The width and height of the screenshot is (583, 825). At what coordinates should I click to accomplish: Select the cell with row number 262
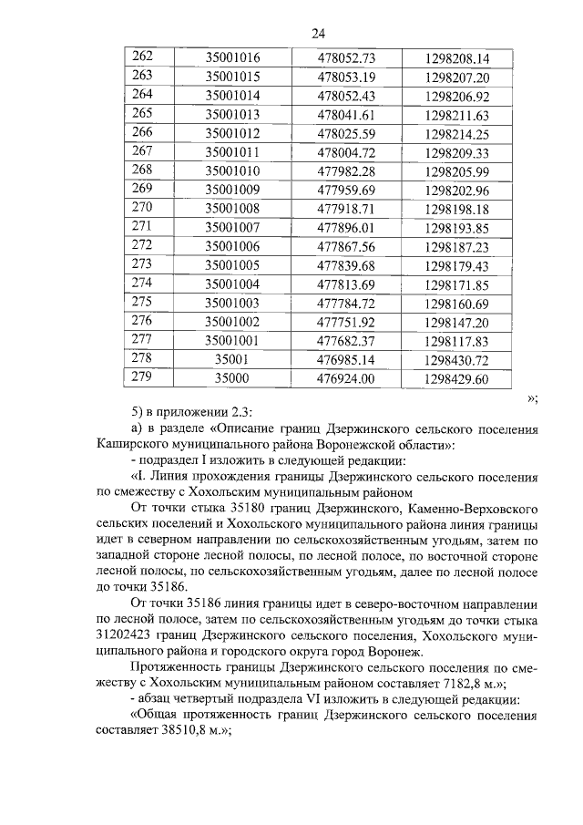(x=143, y=57)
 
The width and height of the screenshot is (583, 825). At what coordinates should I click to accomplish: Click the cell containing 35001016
(x=232, y=57)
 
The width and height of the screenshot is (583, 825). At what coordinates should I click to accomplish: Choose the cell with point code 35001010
(x=232, y=171)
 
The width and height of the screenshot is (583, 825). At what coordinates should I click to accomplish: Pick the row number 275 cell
(x=143, y=303)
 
